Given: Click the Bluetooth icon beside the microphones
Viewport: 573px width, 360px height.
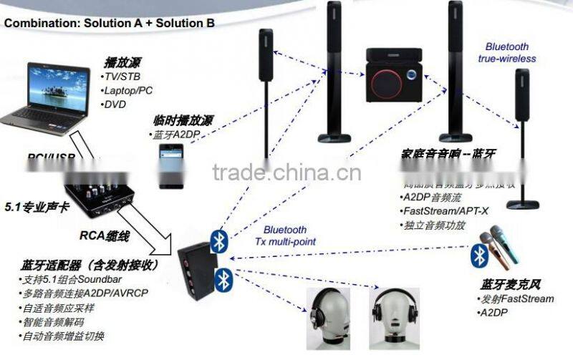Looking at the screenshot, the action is [x=479, y=256].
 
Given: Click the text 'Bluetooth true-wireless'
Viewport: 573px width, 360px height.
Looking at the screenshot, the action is [x=507, y=52].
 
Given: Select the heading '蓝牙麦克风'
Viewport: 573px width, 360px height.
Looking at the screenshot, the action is [x=504, y=283].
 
